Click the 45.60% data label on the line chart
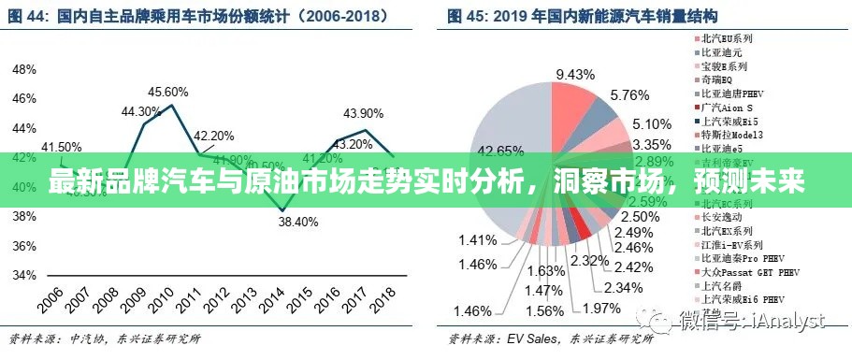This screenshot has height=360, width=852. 169,92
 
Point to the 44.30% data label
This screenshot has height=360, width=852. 141,112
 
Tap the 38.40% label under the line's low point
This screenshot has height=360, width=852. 298,223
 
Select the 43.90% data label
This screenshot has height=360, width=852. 363,113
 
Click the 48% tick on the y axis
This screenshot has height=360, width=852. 24,69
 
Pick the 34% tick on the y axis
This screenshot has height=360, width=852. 24,275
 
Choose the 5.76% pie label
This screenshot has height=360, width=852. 628,95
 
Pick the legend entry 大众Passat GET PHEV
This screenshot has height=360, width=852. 743,271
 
